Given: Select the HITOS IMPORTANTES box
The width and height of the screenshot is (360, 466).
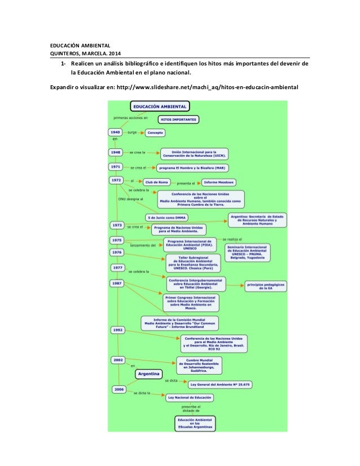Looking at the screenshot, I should (178, 120).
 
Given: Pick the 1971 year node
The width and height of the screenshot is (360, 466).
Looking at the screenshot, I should (116, 167).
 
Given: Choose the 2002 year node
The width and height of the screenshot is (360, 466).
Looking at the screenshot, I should (118, 359).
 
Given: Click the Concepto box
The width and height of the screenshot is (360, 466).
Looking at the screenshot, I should (155, 133).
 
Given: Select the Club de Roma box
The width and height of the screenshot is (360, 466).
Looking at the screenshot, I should (157, 182).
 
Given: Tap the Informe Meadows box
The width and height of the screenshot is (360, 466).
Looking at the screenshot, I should (219, 182).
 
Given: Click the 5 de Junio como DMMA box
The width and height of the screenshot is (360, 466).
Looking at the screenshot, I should (166, 217).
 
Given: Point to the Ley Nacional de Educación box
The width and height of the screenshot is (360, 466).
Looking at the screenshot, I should (190, 397).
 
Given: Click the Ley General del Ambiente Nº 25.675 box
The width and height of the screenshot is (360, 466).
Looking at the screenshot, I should (221, 384).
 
